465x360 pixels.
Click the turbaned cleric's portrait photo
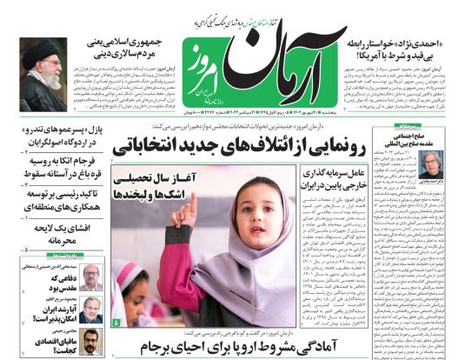[41, 73]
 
